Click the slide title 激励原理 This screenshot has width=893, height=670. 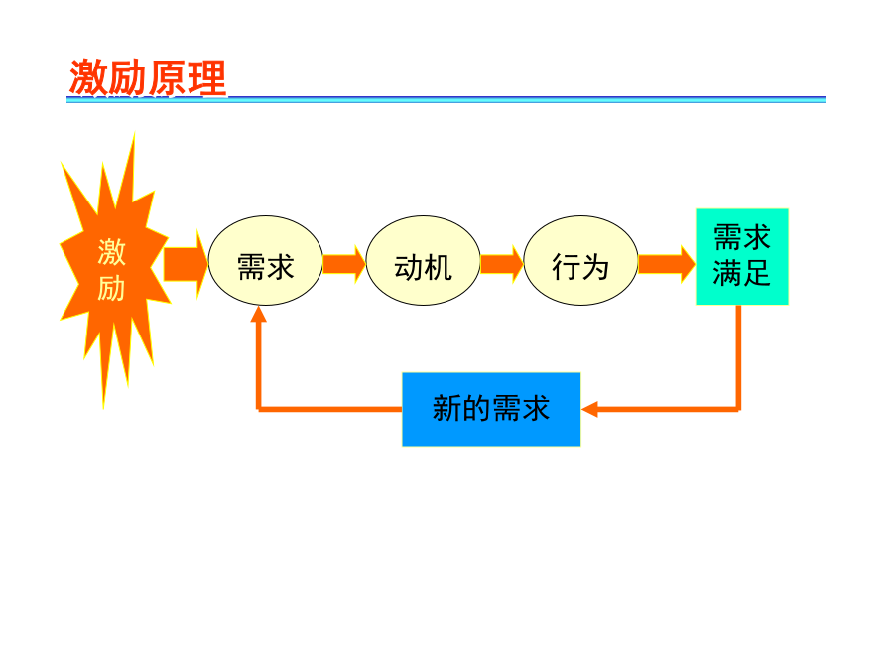pos(148,77)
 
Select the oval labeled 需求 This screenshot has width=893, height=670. pos(265,260)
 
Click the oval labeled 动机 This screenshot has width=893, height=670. pos(423,260)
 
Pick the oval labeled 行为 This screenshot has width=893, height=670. pos(580,260)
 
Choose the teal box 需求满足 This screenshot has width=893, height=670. pos(742,257)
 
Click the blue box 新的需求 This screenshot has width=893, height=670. pos(491,409)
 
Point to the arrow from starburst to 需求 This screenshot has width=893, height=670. pos(186,264)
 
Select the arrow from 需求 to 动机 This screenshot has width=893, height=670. pos(344,264)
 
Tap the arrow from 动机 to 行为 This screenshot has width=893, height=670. pos(502,264)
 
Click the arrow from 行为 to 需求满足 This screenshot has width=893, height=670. pos(667,264)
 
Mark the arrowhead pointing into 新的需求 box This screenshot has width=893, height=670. pos(590,409)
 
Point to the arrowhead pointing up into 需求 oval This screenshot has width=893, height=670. pos(259,314)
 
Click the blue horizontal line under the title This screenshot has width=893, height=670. pos(446,99)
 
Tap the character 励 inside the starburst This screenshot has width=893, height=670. pos(111,288)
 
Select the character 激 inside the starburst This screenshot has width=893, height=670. pos(111,252)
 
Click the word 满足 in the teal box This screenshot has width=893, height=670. pos(741,274)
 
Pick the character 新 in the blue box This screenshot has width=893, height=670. pos(447,409)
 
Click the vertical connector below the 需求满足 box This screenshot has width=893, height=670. pos(738,357)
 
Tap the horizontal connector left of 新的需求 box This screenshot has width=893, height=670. pos(330,409)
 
